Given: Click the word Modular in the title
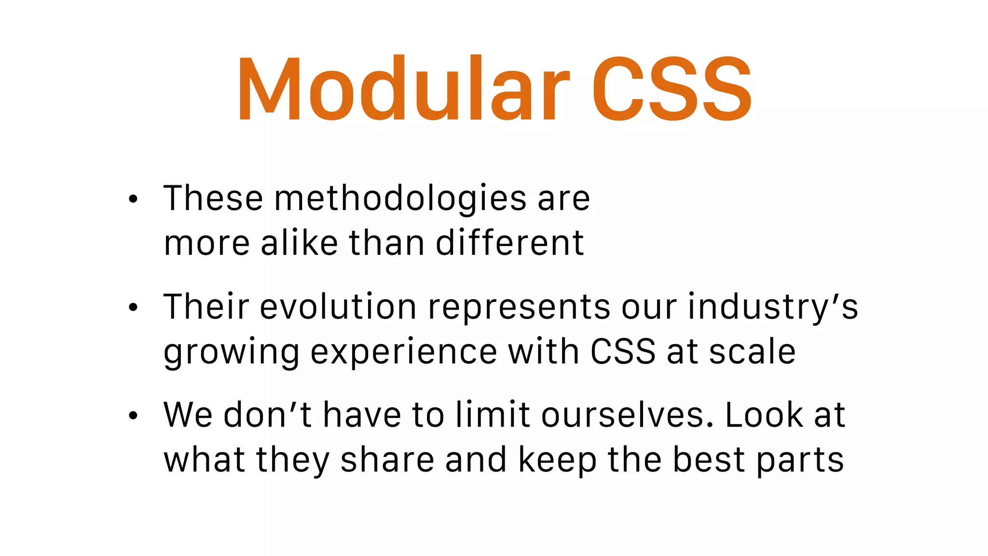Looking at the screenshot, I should pos(403,89).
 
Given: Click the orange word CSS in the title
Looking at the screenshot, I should pos(672,89).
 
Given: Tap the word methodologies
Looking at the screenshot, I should pos(400,199).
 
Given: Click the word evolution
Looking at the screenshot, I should pos(338,307).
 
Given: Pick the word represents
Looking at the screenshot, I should pos(519,308).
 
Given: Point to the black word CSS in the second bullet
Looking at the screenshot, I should pos(623,351).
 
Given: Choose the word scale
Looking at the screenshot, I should pos(752,351).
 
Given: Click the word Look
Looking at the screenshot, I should pos(764,415).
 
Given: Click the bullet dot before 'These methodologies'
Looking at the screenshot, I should pos(133,199).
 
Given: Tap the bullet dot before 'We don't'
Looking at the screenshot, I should pos(133,415).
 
